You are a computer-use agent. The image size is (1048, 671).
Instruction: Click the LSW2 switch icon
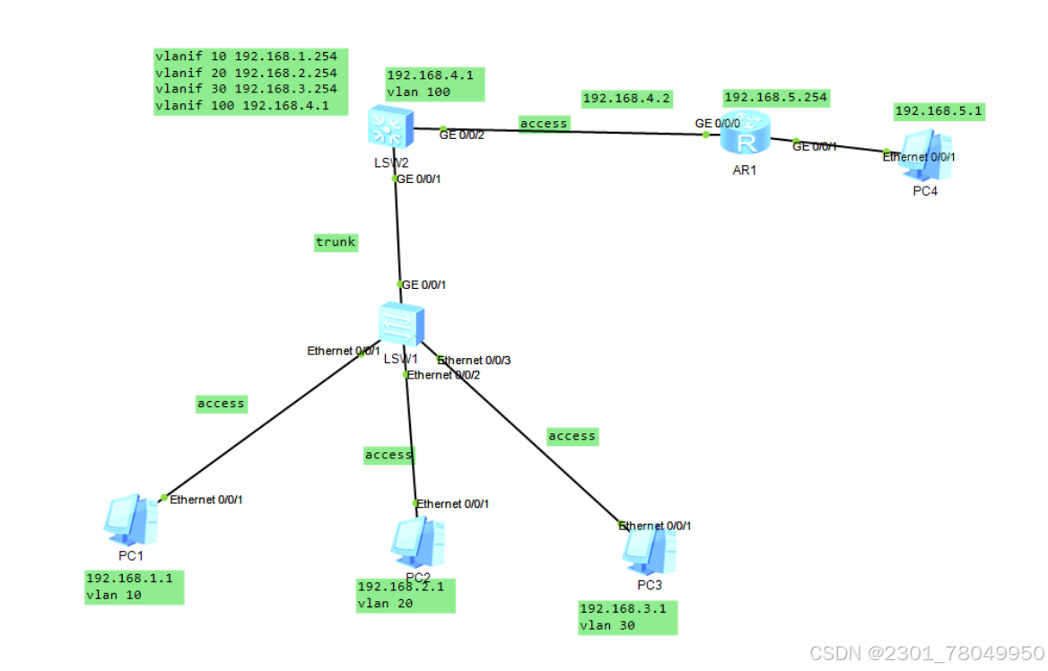389,129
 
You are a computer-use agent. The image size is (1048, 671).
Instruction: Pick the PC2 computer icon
417,542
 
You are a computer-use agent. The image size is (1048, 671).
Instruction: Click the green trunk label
336,241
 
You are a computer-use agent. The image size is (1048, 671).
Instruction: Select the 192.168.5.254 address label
775,97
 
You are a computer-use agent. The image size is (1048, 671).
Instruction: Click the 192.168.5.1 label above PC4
939,111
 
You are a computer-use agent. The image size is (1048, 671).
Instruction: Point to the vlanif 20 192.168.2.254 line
246,73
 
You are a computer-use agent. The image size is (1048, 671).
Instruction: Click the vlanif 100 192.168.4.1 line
242,105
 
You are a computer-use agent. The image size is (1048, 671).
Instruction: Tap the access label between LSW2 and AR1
544,123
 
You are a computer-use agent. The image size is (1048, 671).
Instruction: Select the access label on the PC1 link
221,404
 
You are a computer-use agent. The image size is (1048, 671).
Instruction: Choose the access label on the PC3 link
572,436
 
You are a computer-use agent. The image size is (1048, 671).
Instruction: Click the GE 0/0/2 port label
461,135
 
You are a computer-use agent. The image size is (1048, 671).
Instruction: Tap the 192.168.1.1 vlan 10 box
134,586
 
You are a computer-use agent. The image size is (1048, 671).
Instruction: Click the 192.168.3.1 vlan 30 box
627,617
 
